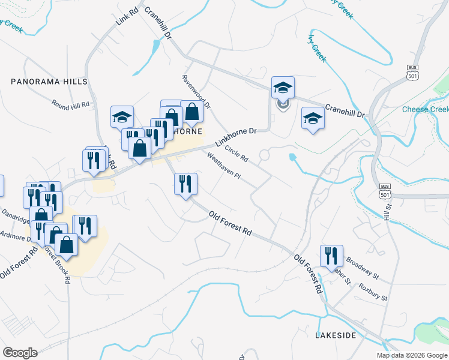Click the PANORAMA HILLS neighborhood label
[x=49, y=81]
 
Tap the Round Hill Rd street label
[x=70, y=104]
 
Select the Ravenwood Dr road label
[x=196, y=92]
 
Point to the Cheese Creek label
[x=425, y=109]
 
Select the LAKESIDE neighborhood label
[x=336, y=335]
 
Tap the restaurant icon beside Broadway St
[x=331, y=256]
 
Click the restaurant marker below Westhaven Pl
[x=185, y=183]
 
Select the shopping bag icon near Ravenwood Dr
[x=191, y=112]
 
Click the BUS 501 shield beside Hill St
[x=385, y=192]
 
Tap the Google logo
[x=20, y=353]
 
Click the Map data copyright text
[x=412, y=355]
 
